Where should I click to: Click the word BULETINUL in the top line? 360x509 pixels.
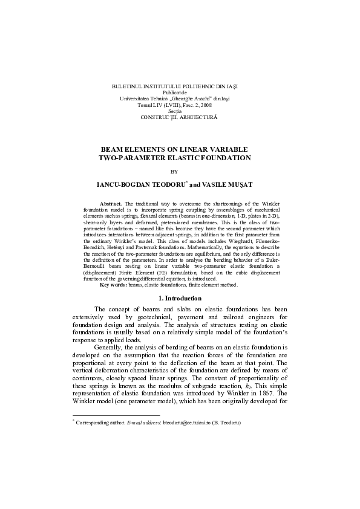(x=126, y=88)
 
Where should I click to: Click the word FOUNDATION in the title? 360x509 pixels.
(x=226, y=158)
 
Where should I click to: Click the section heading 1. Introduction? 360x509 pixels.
(x=180, y=299)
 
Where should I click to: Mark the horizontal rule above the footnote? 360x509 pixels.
(x=116, y=416)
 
